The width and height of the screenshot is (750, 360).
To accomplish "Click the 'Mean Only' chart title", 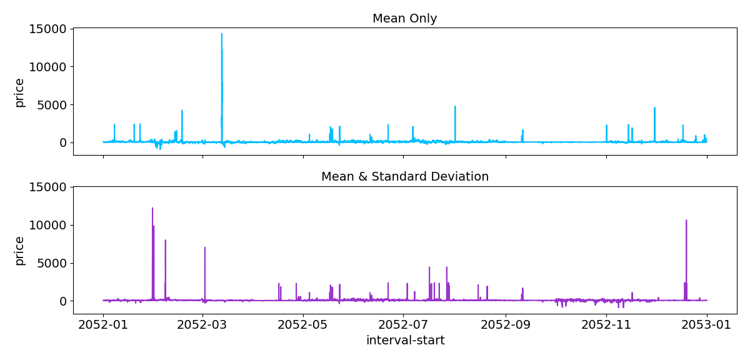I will (x=404, y=19).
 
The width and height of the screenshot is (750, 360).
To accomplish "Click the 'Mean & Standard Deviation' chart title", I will (x=404, y=177).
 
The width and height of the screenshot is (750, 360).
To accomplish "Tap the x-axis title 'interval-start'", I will (x=405, y=341).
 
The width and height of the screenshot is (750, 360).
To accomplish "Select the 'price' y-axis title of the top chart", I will (x=20, y=92).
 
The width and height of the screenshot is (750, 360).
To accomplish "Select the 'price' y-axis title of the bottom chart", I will (x=20, y=251).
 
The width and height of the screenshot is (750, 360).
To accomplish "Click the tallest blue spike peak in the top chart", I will (x=221, y=34).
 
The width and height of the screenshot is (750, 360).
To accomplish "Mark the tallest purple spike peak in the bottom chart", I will (x=152, y=209).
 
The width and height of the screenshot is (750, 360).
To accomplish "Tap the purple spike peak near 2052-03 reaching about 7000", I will (x=204, y=247).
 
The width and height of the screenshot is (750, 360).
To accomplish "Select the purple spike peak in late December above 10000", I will (x=686, y=221).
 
